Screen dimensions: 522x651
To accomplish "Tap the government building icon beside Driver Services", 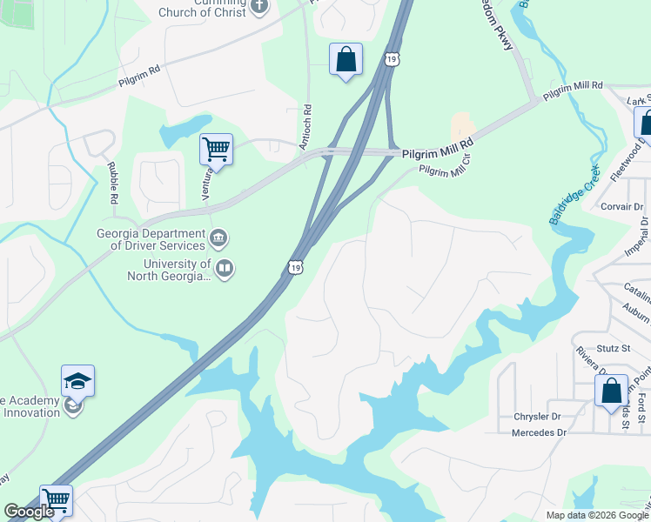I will pos(218,237).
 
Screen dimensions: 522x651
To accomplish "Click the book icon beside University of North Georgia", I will pos(225,268).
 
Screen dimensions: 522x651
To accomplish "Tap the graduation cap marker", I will pos(77,381).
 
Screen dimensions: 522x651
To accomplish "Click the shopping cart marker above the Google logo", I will pos(57,500).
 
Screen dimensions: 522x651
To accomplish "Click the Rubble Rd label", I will pos(112,184).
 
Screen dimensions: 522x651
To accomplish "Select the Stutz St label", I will pos(614,348).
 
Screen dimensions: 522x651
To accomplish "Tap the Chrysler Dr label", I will pos(540,416).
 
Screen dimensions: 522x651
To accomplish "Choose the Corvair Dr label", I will pos(621,207).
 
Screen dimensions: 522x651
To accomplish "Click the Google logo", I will pos(29,512).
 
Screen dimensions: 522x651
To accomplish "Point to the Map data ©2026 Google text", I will pos(596,515).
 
